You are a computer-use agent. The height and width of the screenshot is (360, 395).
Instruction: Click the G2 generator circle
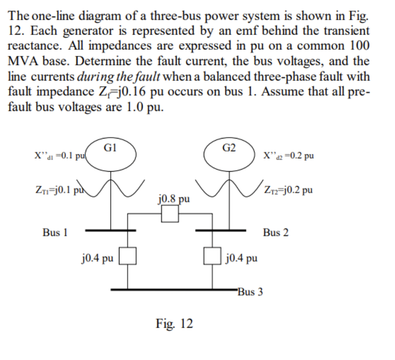point(230,154)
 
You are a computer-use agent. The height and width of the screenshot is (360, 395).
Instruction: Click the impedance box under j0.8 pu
point(169,214)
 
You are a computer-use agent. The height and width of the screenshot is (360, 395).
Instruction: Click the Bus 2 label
point(276,232)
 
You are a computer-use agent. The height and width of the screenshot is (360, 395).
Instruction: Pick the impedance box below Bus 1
point(128,256)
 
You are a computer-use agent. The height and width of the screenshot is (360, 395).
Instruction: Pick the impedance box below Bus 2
point(213,256)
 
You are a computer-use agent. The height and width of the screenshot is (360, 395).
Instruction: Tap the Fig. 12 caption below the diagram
point(174,324)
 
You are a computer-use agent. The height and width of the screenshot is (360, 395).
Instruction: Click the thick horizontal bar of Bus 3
point(175,289)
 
